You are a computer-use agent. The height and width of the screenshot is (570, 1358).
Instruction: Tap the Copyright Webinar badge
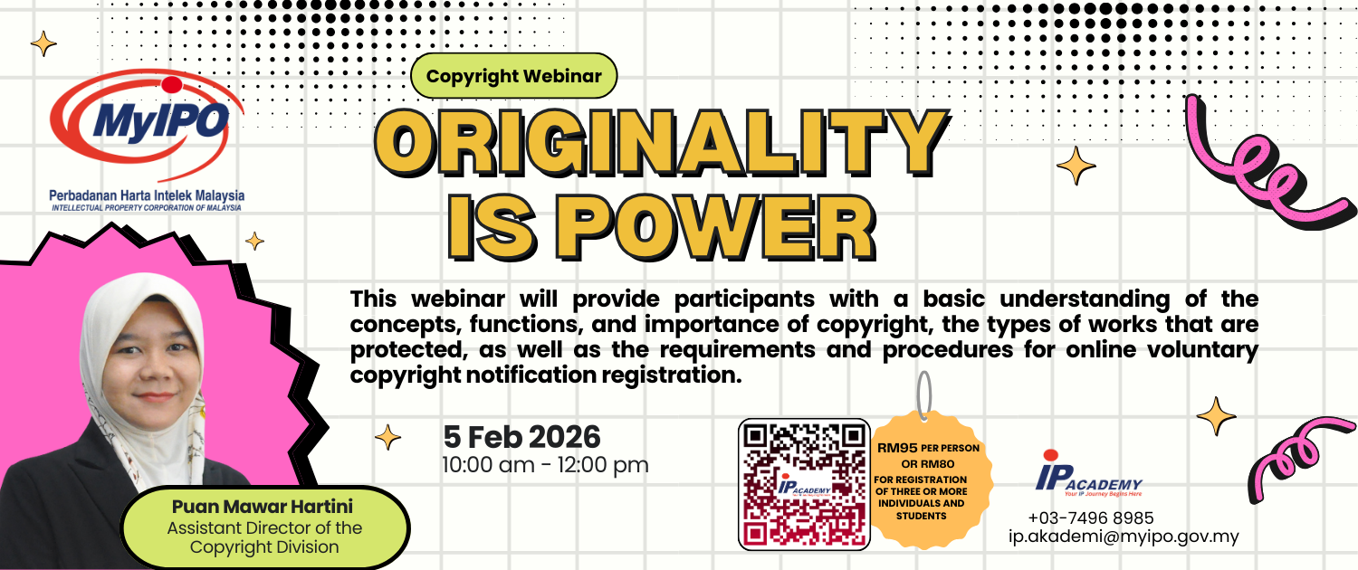[x=513, y=76]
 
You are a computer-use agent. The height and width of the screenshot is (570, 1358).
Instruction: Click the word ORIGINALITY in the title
[x=661, y=143]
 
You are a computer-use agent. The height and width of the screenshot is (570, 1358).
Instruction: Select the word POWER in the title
[x=716, y=228]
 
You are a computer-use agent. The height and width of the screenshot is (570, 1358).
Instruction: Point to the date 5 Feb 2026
[x=522, y=437]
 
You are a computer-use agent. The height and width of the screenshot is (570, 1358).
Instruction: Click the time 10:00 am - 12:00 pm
[x=546, y=465]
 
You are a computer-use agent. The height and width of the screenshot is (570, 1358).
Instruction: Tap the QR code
[x=804, y=484]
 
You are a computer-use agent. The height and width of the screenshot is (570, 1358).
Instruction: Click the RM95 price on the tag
[x=897, y=448]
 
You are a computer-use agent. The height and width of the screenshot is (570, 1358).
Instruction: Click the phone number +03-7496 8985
[x=1091, y=518]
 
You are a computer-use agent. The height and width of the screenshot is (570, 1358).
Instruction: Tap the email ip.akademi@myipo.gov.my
[x=1124, y=537]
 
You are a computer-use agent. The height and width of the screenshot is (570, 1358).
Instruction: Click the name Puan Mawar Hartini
[x=263, y=507]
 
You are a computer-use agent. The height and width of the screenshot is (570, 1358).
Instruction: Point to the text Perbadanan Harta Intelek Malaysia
[x=147, y=195]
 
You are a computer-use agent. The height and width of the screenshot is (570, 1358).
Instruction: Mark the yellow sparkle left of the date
[x=387, y=437]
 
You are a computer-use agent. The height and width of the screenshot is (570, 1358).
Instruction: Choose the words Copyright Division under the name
[x=264, y=547]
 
